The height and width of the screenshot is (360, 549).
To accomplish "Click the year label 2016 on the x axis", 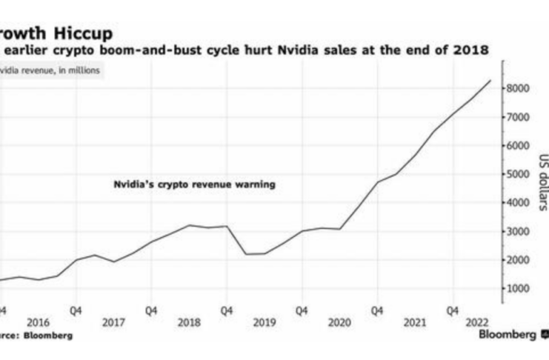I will click(38, 323).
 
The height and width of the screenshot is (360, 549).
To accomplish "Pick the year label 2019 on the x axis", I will click(264, 323).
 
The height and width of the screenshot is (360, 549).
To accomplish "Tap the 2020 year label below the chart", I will click(339, 323).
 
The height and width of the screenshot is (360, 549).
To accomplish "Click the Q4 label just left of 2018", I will click(151, 311).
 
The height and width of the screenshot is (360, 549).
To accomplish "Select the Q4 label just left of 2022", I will click(452, 311).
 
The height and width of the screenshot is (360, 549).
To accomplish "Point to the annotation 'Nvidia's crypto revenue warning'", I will click(194, 184).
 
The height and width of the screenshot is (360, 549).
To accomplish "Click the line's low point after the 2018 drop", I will click(247, 254).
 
